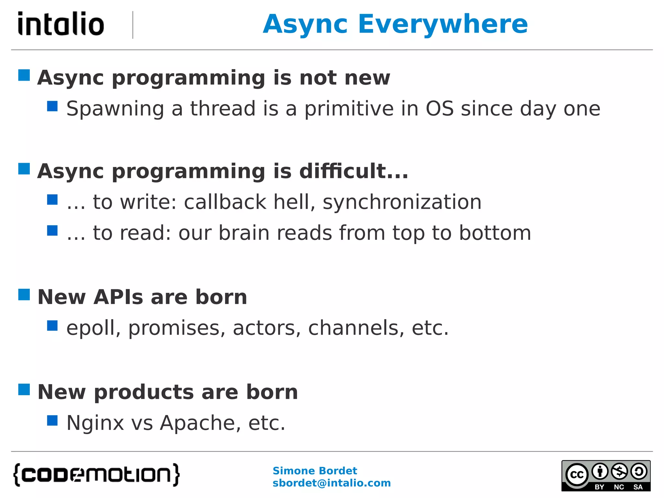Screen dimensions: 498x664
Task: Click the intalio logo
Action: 61,24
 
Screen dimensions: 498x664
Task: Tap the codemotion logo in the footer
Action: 96,475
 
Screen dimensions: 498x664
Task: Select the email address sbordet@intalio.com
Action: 331,483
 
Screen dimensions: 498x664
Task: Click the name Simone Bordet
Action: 314,470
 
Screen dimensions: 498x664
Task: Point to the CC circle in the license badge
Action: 577,475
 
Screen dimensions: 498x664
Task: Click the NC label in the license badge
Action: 619,487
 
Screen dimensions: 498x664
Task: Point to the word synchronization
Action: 402,202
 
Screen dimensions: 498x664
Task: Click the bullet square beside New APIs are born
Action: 24,295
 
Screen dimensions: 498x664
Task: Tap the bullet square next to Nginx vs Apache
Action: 52,421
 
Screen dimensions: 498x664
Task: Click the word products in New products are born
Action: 144,392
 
